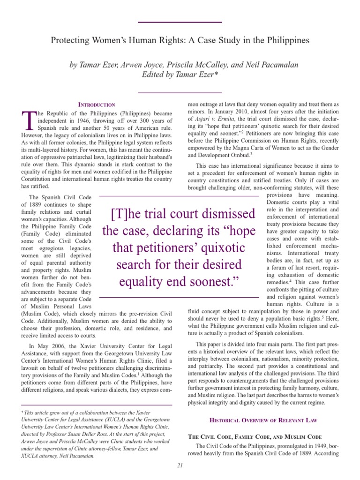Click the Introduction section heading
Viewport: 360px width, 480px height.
pyautogui.click(x=96, y=104)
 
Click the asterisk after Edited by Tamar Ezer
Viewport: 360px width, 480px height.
pyautogui.click(x=217, y=74)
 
